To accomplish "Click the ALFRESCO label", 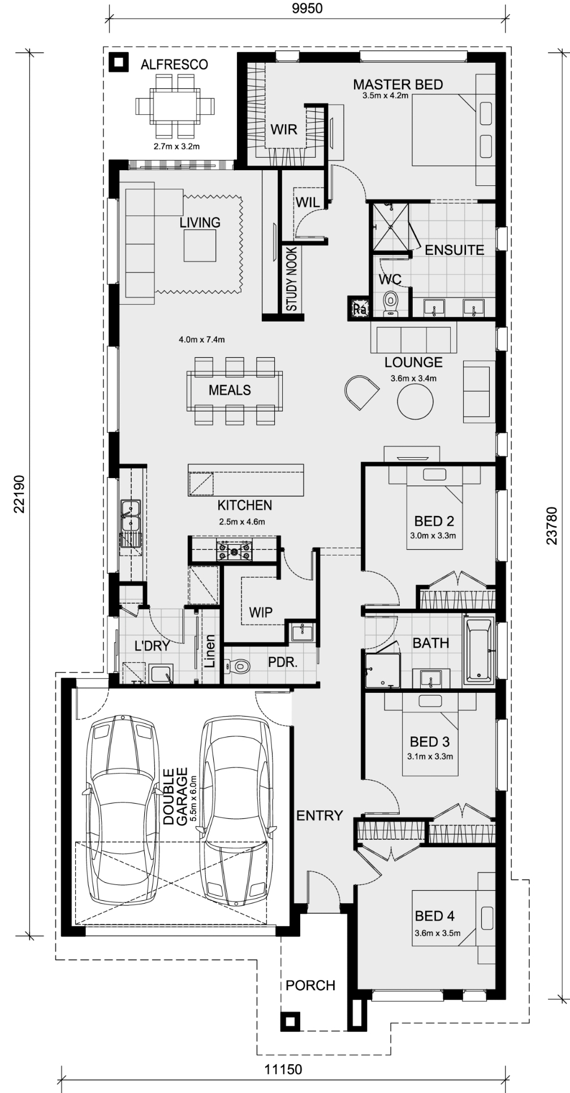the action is (174, 65).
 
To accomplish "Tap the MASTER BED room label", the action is (398, 85).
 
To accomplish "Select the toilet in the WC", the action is (391, 303).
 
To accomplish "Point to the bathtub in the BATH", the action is (478, 649).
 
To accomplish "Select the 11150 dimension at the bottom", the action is (283, 1069).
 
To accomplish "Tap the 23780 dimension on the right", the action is (552, 526).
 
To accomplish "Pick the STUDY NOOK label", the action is (292, 280).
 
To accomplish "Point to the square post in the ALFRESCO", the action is (119, 62).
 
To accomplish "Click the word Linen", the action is (209, 652).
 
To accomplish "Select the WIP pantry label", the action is (261, 612).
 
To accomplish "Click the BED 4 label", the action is (435, 916).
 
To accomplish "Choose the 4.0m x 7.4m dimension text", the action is (202, 340).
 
